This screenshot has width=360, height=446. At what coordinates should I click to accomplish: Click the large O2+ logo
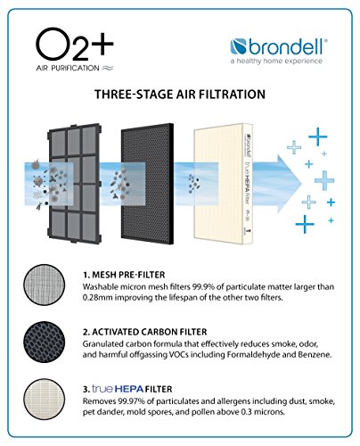tap(75, 44)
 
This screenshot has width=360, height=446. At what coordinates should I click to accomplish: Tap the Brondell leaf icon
tap(238, 47)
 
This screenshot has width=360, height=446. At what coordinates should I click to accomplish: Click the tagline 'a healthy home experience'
tap(276, 62)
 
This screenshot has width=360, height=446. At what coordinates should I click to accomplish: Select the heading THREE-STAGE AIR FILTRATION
tap(180, 95)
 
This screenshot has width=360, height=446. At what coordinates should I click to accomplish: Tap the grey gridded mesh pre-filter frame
tap(75, 183)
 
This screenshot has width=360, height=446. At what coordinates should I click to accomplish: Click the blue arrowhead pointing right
tap(289, 184)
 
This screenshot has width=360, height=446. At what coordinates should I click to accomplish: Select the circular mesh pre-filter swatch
tap(45, 285)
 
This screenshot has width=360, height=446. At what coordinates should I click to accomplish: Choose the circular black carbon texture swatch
tap(45, 342)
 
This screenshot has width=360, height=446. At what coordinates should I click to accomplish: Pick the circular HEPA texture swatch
tap(45, 399)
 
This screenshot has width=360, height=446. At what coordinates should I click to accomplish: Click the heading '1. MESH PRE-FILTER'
tap(124, 275)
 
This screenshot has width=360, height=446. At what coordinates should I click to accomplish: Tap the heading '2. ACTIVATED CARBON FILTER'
tap(144, 332)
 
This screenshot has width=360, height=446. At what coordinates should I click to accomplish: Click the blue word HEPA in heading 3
tap(129, 389)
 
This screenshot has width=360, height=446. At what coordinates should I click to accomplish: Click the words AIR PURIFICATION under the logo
tap(68, 68)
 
